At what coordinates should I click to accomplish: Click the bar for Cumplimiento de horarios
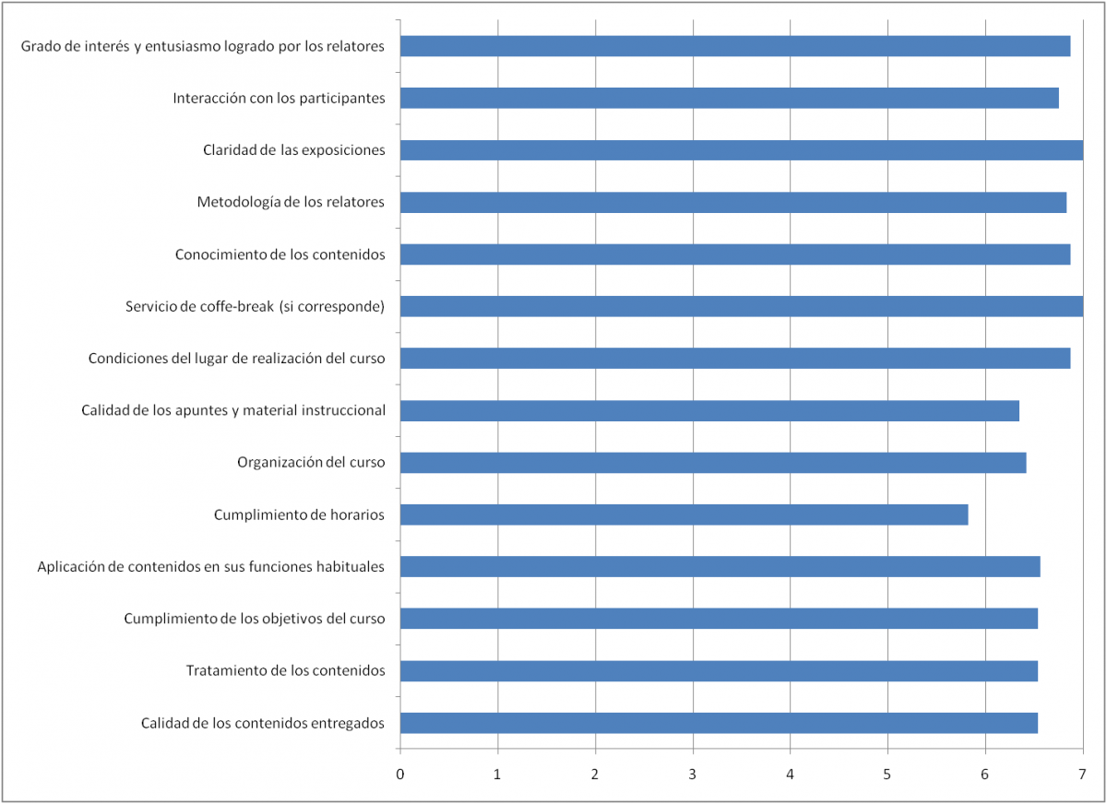pyautogui.click(x=684, y=514)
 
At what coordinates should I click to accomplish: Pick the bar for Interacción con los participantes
pyautogui.click(x=729, y=98)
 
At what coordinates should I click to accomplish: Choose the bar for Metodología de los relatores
pyautogui.click(x=732, y=203)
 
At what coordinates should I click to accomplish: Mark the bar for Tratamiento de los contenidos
pyautogui.click(x=719, y=671)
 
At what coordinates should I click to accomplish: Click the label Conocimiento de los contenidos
pyautogui.click(x=280, y=254)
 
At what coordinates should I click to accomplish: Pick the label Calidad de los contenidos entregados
pyautogui.click(x=263, y=723)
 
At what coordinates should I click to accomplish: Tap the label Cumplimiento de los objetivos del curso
pyautogui.click(x=255, y=619)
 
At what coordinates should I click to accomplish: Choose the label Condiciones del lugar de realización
pyautogui.click(x=237, y=359)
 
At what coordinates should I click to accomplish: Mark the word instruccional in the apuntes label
pyautogui.click(x=343, y=410)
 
